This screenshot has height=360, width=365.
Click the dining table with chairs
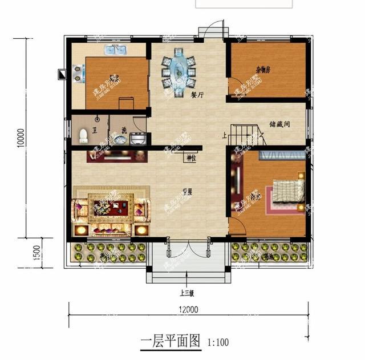tap(179, 71)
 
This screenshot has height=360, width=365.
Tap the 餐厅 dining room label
tap(197, 96)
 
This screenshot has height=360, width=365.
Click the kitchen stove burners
tap(76, 74)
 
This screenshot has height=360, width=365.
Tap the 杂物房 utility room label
tap(262, 71)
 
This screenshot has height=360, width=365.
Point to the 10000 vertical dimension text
tap(21, 137)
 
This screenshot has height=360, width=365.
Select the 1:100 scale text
tap(218, 343)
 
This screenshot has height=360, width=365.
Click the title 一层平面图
tap(171, 342)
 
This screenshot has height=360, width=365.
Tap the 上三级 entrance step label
tap(187, 294)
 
